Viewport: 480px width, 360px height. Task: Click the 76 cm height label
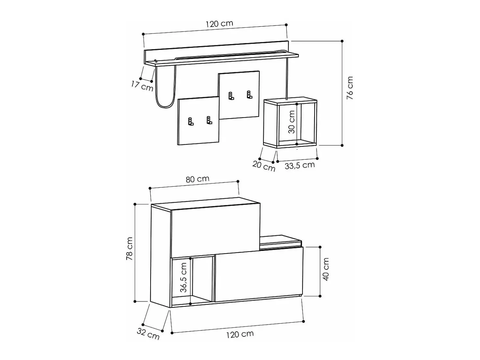350,88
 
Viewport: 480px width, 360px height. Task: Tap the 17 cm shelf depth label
142,86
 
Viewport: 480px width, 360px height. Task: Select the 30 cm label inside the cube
292,122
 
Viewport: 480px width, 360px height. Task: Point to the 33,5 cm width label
300,165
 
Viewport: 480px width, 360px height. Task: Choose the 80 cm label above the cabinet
198,179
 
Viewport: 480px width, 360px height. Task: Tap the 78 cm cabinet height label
130,248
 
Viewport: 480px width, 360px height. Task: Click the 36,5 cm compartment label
183,278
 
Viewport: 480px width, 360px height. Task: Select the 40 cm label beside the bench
326,269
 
